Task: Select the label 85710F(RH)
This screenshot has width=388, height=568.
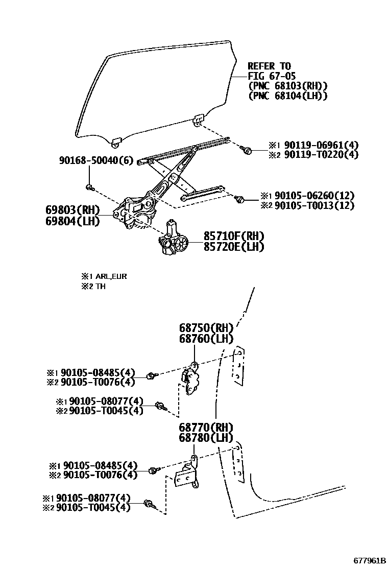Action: coord(234,236)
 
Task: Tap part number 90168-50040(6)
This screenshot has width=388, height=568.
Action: coord(95,160)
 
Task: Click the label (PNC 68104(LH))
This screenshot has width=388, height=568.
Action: coord(287,96)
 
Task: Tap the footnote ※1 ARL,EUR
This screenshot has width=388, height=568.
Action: coord(104,276)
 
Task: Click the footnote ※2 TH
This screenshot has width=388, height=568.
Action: coord(93,287)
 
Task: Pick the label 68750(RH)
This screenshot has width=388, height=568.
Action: coord(206,328)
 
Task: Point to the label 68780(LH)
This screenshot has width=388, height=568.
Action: coord(206,438)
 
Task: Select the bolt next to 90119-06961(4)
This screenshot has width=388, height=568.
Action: coord(246,149)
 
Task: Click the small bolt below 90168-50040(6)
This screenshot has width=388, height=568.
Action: coord(90,187)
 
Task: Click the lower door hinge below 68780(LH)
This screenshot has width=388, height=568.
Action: coord(188,475)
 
